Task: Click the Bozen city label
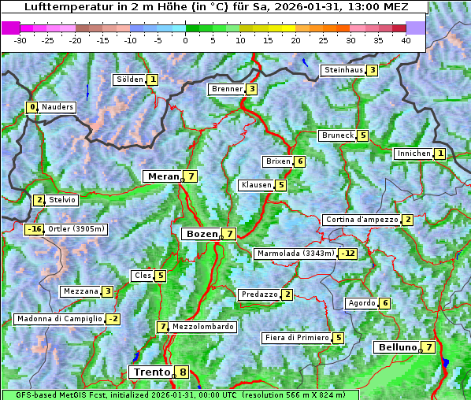(x=200, y=234)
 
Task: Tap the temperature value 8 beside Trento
(x=183, y=372)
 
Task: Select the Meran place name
(x=164, y=176)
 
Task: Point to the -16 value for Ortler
(x=34, y=229)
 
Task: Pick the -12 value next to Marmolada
(x=348, y=254)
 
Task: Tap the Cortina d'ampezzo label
(x=361, y=220)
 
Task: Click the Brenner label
(x=227, y=89)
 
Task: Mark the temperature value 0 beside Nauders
(x=32, y=107)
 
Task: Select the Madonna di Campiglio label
(x=59, y=319)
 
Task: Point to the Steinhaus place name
(x=343, y=70)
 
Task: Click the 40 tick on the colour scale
(x=405, y=40)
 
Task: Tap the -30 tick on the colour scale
(x=20, y=40)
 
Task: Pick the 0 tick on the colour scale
(x=185, y=40)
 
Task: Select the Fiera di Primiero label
(x=296, y=338)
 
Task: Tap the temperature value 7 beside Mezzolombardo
(x=163, y=327)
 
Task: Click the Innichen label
(x=414, y=154)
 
